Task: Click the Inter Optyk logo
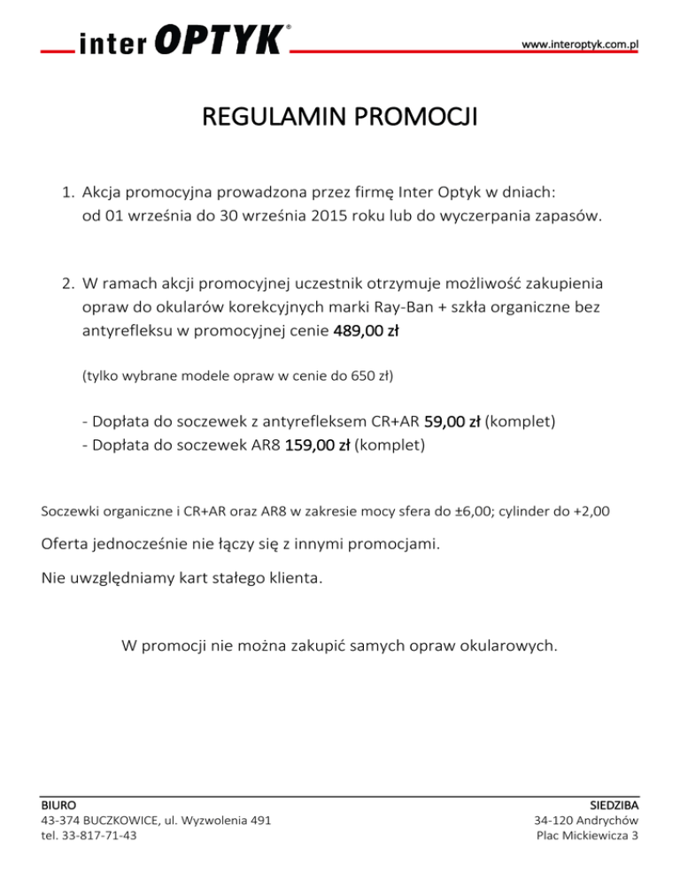point(182,42)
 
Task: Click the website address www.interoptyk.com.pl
point(580,43)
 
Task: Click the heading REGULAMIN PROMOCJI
point(339,118)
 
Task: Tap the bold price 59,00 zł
point(452,423)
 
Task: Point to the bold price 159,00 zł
point(317,445)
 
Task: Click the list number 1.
point(66,191)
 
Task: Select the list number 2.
point(66,285)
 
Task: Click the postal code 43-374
point(63,822)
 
